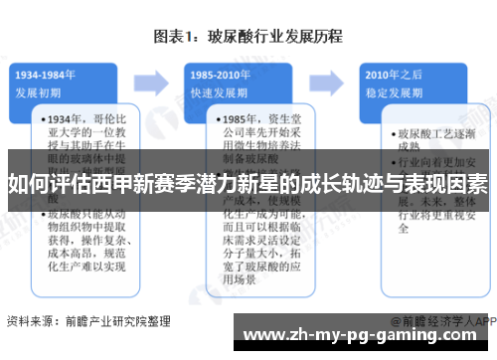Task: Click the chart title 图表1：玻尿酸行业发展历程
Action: [248, 38]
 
